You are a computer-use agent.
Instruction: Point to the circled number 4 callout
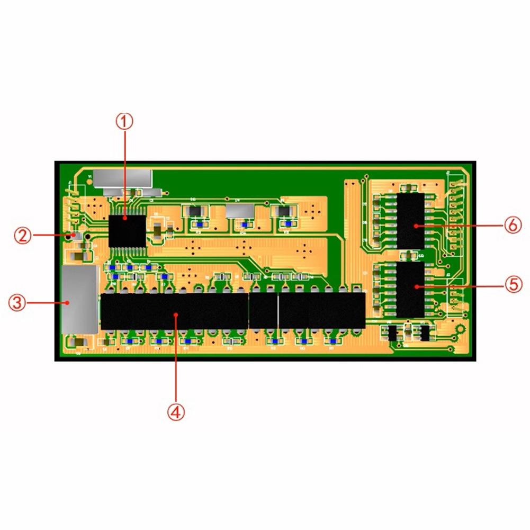[176, 411]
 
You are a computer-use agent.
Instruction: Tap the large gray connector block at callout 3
[80, 299]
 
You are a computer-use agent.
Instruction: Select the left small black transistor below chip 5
[393, 333]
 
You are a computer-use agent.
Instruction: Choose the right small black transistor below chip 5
[425, 333]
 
